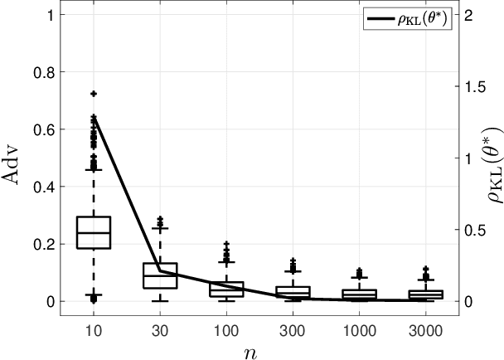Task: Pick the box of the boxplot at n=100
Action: tap(226, 289)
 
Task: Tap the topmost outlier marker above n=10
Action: tap(93, 94)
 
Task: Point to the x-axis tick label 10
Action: tap(93, 328)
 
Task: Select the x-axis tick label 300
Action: tap(293, 328)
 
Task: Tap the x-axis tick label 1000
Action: tap(359, 328)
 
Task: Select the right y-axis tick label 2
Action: tap(470, 16)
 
